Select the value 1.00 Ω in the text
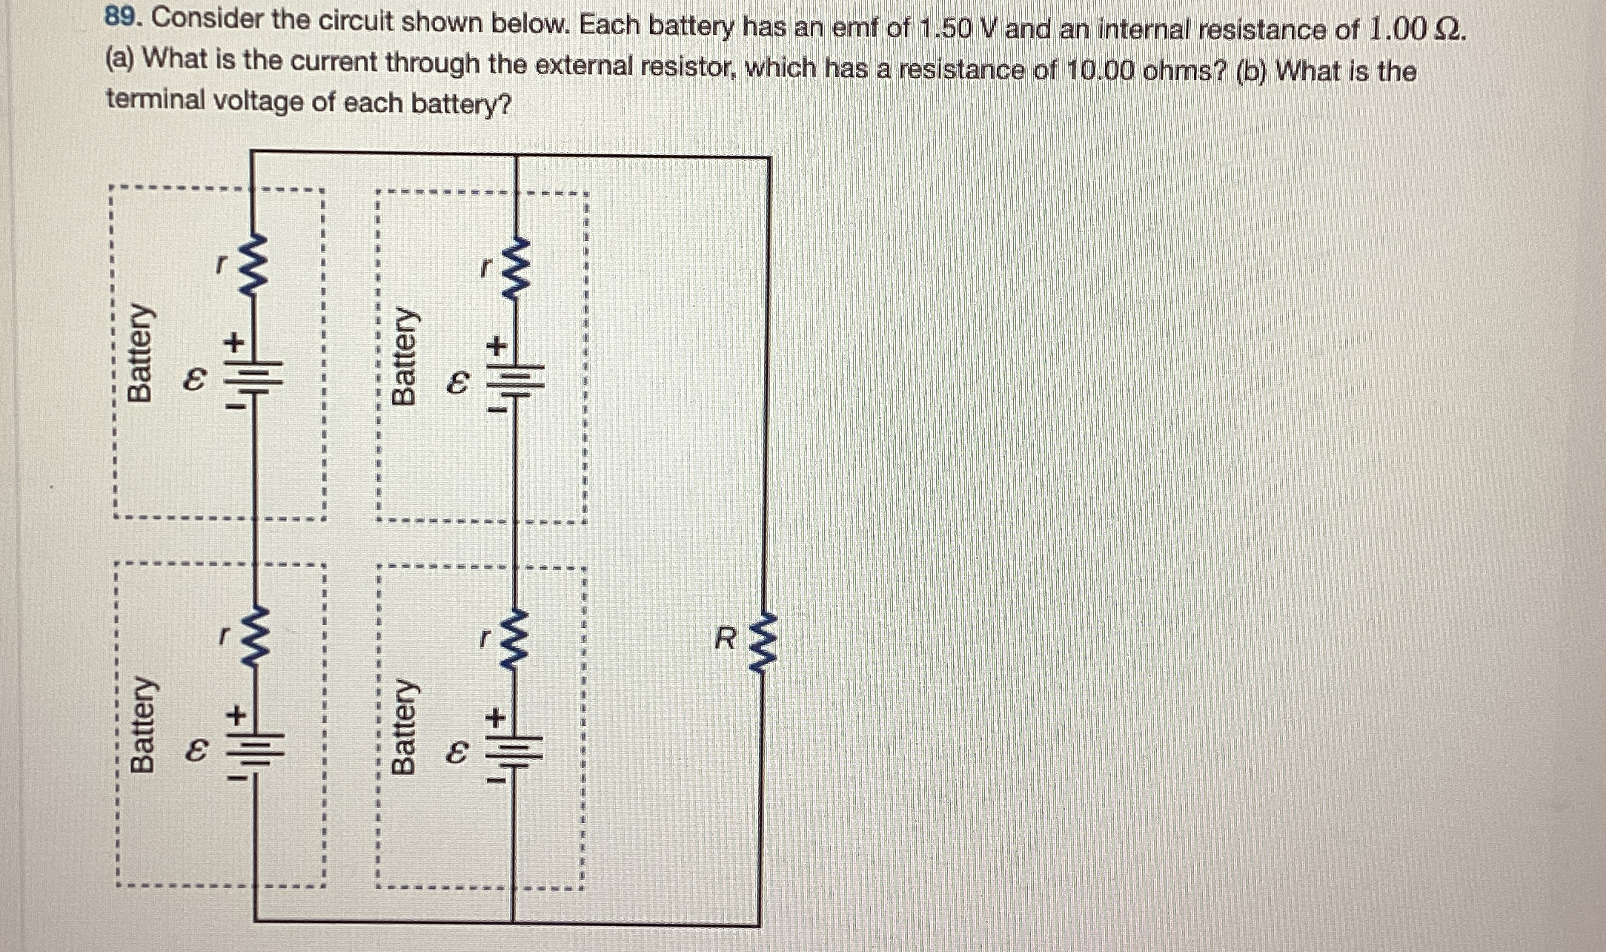[x=1415, y=30]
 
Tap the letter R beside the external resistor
[x=726, y=638]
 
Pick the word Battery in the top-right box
[x=405, y=356]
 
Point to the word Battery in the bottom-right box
[x=405, y=727]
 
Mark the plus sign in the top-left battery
[x=235, y=343]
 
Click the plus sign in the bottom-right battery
[x=496, y=717]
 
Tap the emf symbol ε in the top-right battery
[x=458, y=383]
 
